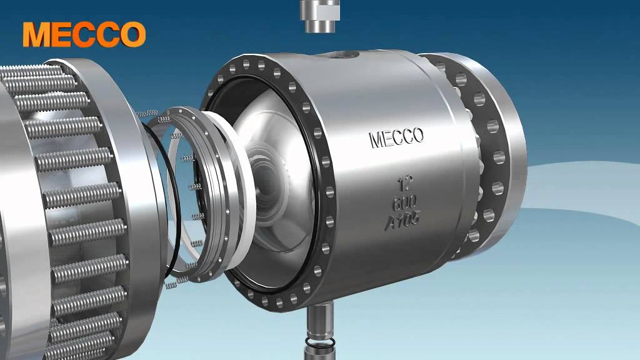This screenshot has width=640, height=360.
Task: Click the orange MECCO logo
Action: pyautogui.click(x=84, y=34)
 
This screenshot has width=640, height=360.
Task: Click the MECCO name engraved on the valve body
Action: pyautogui.click(x=396, y=137)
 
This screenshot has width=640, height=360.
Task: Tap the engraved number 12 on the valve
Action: pyautogui.click(x=405, y=183)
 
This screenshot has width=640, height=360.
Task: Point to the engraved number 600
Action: pyautogui.click(x=404, y=202)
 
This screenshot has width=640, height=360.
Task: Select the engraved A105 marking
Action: pyautogui.click(x=402, y=221)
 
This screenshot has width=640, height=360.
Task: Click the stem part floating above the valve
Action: pyautogui.click(x=320, y=16)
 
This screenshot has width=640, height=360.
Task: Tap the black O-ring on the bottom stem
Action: pyautogui.click(x=320, y=342)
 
